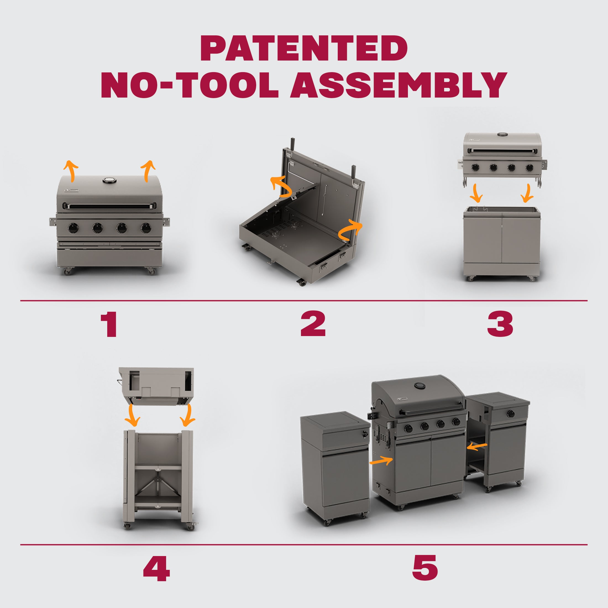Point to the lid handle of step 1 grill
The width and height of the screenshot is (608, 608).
tap(109, 206)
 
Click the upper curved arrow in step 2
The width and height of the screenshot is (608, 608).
tap(281, 187)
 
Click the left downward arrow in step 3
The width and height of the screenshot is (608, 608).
tap(476, 193)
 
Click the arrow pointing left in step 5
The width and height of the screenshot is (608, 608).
tap(477, 446)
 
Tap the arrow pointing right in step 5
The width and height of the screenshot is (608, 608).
tap(381, 461)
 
